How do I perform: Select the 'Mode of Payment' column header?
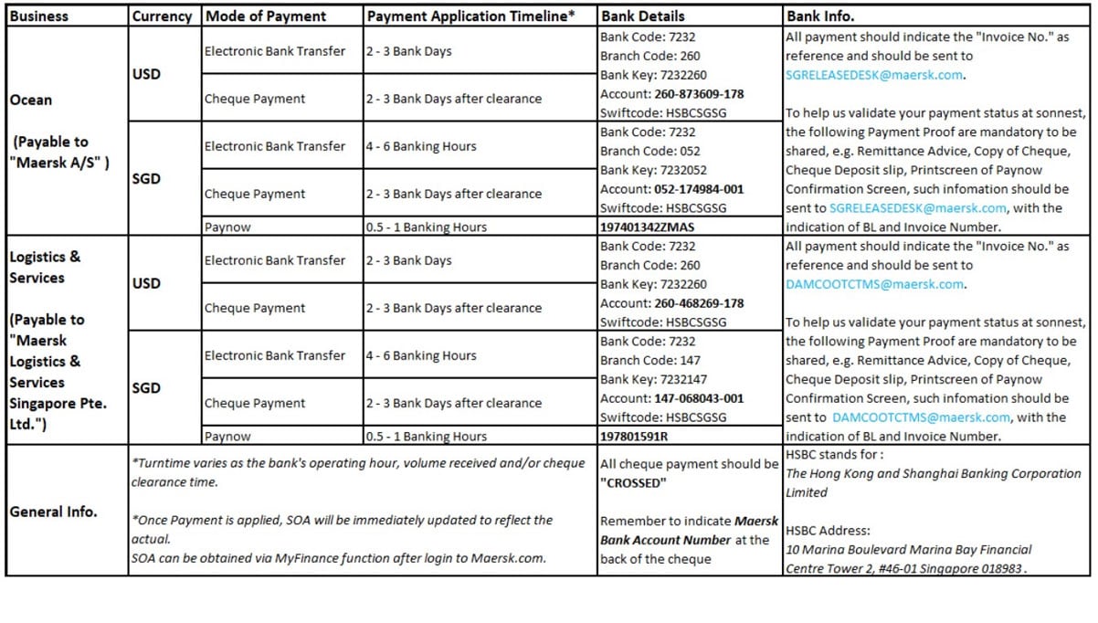tap(265, 16)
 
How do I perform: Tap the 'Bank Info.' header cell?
tap(820, 16)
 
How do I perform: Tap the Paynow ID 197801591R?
tap(634, 437)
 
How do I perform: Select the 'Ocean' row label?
tap(31, 100)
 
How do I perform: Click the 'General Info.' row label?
tap(53, 512)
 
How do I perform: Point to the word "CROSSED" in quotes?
tap(633, 482)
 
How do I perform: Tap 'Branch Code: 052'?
tap(650, 151)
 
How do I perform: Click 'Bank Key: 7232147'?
tap(653, 379)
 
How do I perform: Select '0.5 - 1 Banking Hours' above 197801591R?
tap(427, 437)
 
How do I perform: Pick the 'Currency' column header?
tap(162, 16)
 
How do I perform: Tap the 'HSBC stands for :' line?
tap(835, 454)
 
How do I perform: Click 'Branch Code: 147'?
tap(650, 360)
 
